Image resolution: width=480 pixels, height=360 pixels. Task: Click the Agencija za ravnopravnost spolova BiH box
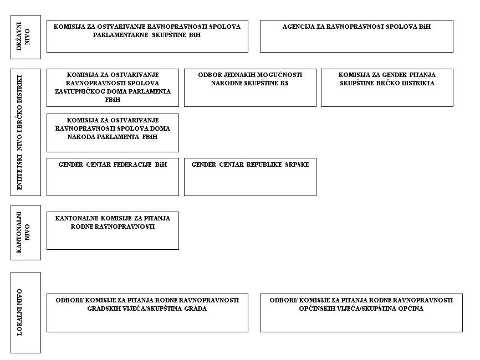pos(356,36)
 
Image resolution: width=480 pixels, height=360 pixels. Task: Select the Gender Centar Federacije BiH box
pos(113,177)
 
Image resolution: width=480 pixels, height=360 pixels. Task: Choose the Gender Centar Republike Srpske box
pos(250,177)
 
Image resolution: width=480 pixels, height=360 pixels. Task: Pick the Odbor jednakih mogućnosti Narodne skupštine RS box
pos(250,88)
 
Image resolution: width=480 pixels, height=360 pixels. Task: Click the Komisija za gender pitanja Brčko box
pos(387,88)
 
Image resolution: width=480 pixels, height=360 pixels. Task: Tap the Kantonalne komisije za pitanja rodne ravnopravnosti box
pos(113,230)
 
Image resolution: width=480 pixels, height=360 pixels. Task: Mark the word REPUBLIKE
pos(264,164)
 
